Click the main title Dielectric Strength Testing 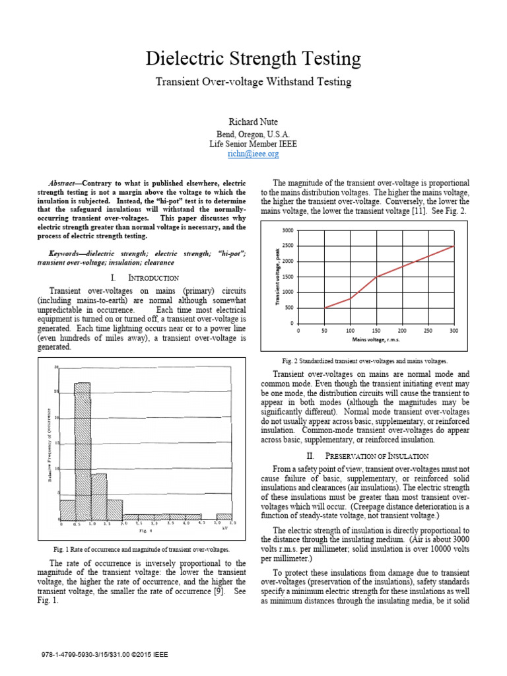coord(253,59)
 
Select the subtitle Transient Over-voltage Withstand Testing coord(253,82)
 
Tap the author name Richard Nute coord(253,121)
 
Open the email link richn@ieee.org coord(253,153)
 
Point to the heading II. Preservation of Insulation coord(376,456)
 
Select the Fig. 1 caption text coord(142,549)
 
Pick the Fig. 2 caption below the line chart coord(364,361)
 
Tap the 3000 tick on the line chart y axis coord(287,230)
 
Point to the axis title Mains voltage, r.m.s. coord(376,340)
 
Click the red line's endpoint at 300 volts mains coord(454,246)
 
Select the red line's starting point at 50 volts coord(324,308)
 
